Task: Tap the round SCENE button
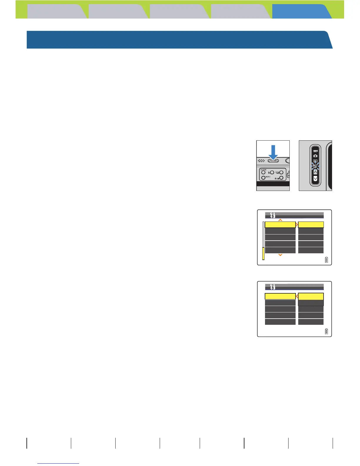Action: tap(263, 173)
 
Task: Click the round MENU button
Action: tap(263, 178)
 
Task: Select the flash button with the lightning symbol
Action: tap(272, 173)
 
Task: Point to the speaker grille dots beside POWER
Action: tap(261, 161)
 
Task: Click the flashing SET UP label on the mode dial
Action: tap(315, 166)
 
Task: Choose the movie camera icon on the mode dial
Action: tap(315, 151)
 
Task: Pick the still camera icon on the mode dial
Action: tap(315, 156)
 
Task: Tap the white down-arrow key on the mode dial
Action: tap(315, 179)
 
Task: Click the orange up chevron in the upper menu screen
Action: tap(280, 220)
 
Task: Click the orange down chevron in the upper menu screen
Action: tap(280, 255)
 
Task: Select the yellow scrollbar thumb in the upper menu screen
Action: tap(263, 253)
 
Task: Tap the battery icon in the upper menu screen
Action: tap(326, 260)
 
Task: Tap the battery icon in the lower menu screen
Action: tap(326, 332)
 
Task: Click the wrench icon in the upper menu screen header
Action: tap(272, 215)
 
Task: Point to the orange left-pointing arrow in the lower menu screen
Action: tap(297, 296)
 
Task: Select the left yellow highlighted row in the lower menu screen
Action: tap(280, 296)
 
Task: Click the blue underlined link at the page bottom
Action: tap(58, 463)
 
